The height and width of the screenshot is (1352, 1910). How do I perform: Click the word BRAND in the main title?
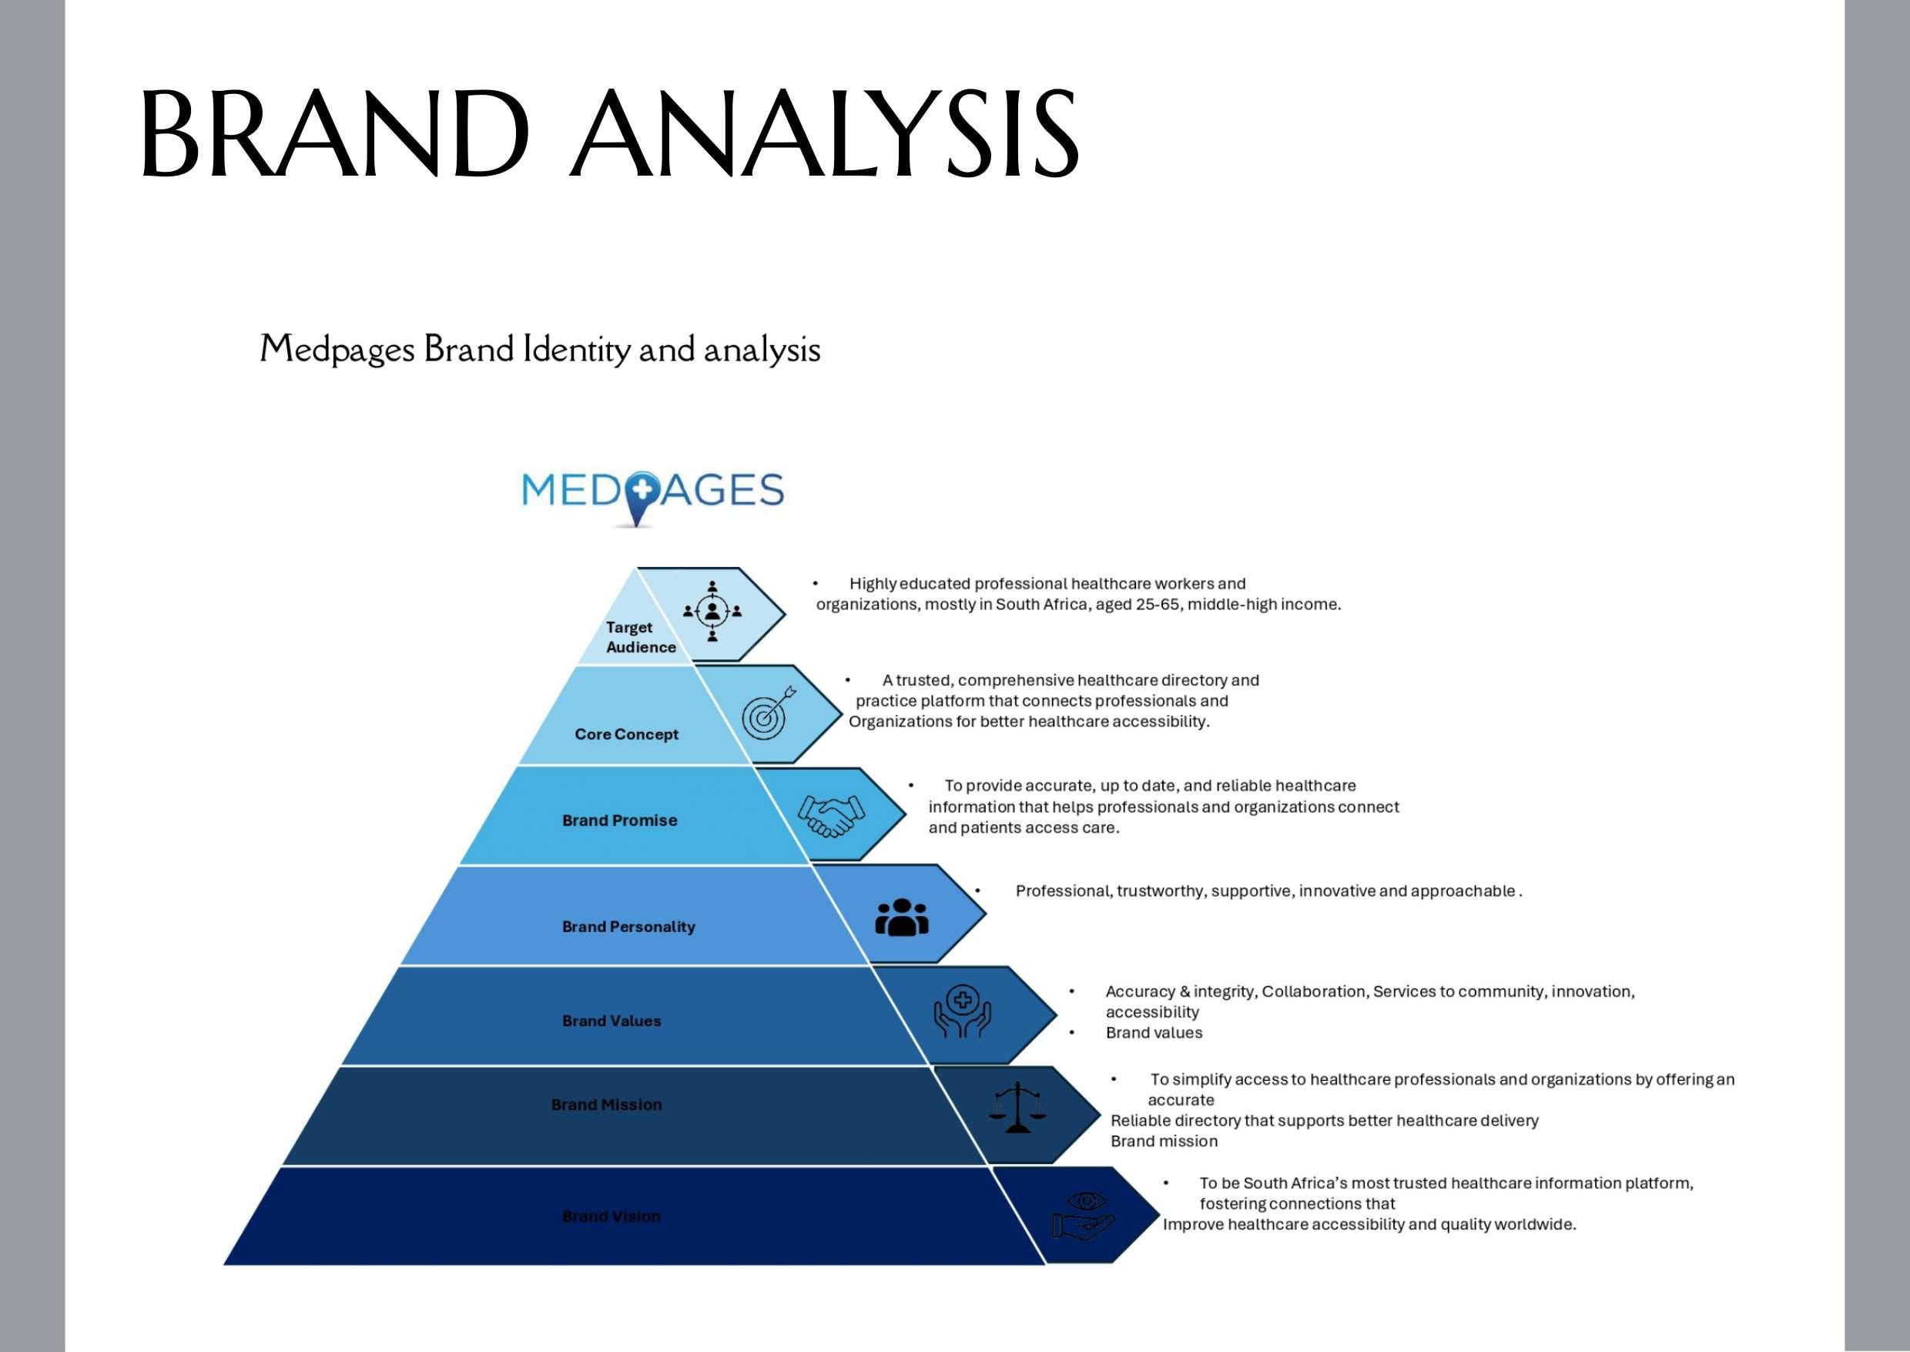pos(334,135)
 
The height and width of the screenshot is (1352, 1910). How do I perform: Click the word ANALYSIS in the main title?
pos(824,135)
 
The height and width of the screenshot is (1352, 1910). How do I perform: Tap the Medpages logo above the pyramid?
pos(652,495)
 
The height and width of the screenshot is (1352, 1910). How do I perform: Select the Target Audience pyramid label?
pos(640,637)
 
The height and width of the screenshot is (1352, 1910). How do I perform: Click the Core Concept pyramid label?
pos(626,734)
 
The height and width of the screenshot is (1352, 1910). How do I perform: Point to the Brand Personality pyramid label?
pos(628,927)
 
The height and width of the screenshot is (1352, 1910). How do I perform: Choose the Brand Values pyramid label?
pos(612,1021)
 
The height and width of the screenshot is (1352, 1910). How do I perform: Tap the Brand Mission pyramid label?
pos(607,1105)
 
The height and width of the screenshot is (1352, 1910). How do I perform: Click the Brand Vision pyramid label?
pos(612,1216)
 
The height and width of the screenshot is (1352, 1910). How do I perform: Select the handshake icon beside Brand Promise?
pos(830,815)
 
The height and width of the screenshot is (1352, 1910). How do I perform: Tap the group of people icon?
pos(901,917)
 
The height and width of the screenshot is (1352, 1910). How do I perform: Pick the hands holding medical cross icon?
pos(962,1011)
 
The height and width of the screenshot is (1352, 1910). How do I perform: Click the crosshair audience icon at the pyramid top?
pos(712,611)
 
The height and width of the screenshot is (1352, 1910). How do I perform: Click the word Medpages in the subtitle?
pos(337,350)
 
